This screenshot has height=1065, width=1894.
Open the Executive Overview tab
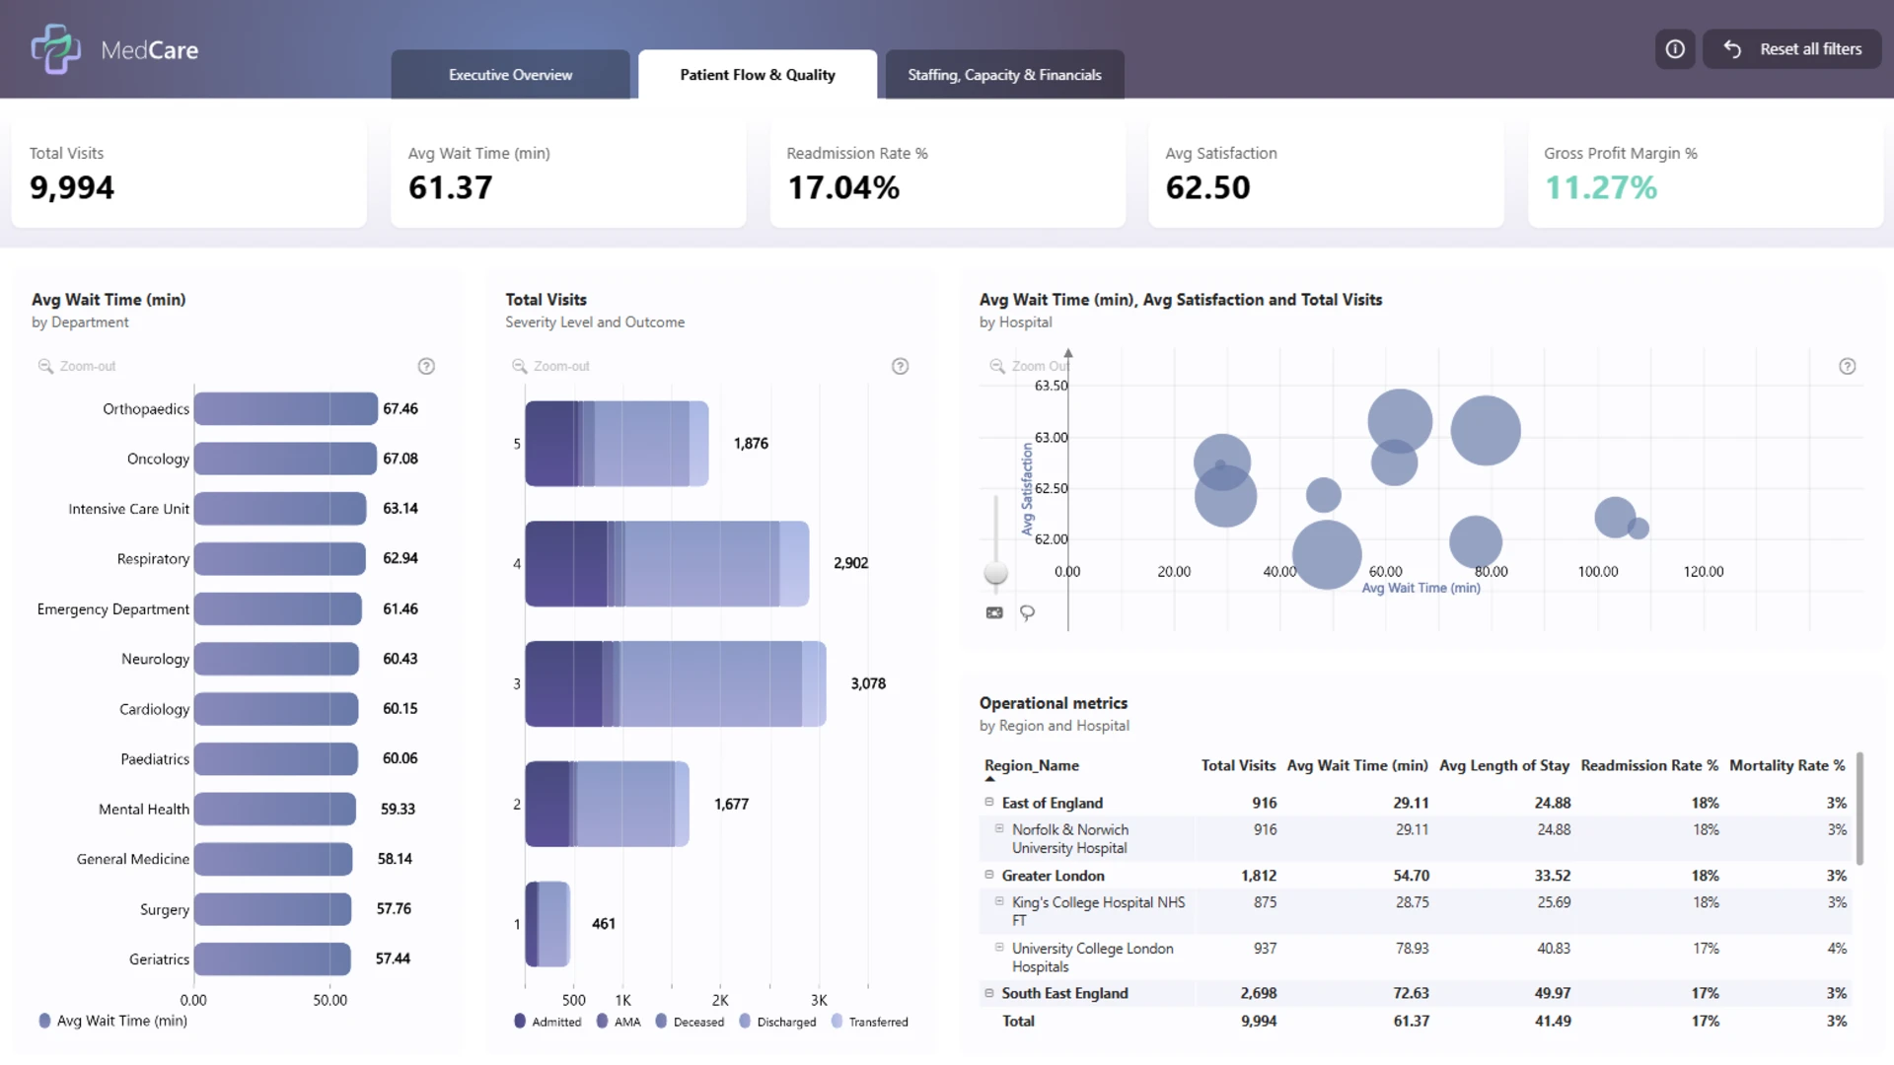coord(510,75)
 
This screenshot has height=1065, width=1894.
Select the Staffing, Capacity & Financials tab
coord(1004,75)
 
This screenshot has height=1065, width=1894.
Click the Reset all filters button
coord(1792,49)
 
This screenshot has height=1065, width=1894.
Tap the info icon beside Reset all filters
coord(1675,49)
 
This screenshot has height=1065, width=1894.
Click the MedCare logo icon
coord(55,49)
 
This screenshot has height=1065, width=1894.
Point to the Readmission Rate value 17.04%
coord(843,187)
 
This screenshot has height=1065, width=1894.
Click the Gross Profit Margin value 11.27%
coord(1600,187)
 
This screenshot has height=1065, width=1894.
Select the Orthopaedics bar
coord(285,408)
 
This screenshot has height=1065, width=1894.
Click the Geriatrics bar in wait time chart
coord(272,958)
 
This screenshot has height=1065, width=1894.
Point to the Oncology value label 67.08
coord(401,459)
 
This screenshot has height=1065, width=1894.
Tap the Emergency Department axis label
coord(113,609)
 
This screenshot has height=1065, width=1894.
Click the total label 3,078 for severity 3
coord(868,683)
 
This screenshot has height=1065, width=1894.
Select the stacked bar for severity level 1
coord(547,924)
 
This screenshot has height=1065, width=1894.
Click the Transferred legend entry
coord(869,1022)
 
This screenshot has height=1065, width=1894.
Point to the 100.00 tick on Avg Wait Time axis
coord(1598,572)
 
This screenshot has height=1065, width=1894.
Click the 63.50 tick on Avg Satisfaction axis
coord(1051,386)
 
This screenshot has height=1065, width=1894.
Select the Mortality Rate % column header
coord(1786,765)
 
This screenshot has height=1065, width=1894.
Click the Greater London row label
coord(1053,876)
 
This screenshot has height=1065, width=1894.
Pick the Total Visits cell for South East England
coord(1258,993)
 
